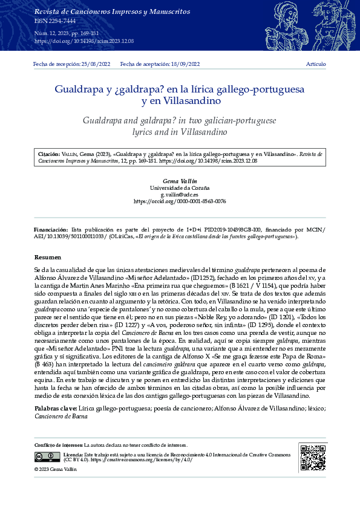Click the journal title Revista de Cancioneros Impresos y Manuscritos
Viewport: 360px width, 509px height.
point(103,11)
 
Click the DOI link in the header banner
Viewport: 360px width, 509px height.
point(84,41)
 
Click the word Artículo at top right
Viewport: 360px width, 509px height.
point(316,64)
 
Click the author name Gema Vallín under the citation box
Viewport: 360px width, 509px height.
point(180,181)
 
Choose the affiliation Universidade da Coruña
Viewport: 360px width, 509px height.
point(180,188)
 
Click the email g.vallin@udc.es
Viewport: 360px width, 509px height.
point(180,195)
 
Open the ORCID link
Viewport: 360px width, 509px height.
point(180,201)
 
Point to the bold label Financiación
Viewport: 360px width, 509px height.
point(51,230)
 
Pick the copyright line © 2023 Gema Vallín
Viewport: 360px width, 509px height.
point(56,469)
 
